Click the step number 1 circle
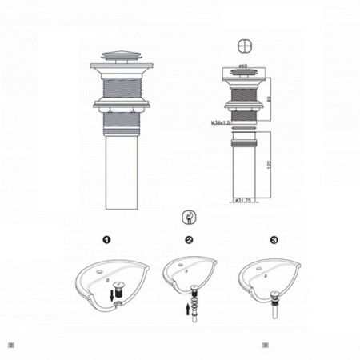[107, 239]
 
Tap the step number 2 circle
[189, 239]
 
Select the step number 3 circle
[274, 239]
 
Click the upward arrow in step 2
[189, 308]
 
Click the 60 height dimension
[270, 98]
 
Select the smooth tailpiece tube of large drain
[122, 173]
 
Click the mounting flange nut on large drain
[122, 103]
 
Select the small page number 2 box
[10, 346]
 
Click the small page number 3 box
[266, 346]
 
